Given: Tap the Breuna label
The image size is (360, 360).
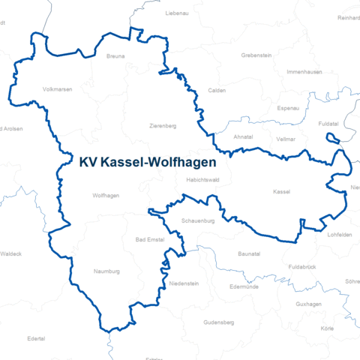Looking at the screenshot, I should coord(115,56).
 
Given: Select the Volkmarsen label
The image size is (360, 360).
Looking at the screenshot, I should coord(58,89).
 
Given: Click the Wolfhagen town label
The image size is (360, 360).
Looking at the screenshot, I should coord(106,196).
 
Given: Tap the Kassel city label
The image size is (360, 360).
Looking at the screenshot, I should coord(282,192).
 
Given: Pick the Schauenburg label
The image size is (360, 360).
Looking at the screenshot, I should coord(198,222).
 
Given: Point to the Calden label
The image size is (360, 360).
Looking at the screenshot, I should coord(217,90).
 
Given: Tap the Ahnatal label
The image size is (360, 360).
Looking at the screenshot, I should coord(243,137).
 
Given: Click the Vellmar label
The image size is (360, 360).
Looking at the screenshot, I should coord(285,139).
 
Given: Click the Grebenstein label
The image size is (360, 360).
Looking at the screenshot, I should coord(256,55).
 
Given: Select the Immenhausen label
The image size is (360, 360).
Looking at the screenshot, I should coord(304,72).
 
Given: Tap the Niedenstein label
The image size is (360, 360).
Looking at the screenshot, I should coord(184,284).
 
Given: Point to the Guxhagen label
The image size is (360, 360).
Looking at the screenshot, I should coord(308,304).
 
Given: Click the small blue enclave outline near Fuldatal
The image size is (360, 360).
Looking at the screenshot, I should coord(333,137).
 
